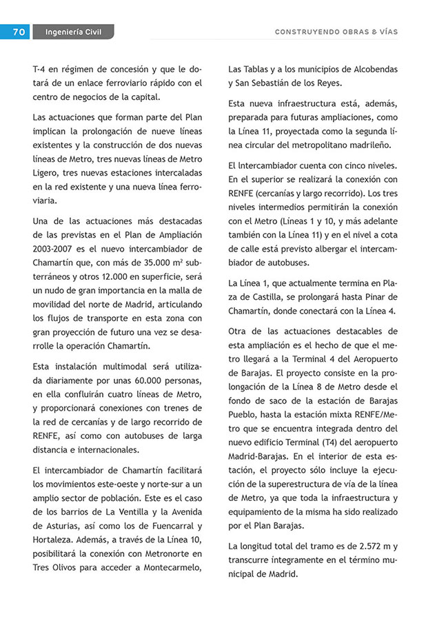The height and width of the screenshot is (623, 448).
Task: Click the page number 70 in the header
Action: (x=19, y=32)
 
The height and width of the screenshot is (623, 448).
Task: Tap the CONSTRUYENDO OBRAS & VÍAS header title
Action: (x=336, y=32)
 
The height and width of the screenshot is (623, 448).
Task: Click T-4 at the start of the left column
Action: (x=39, y=70)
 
